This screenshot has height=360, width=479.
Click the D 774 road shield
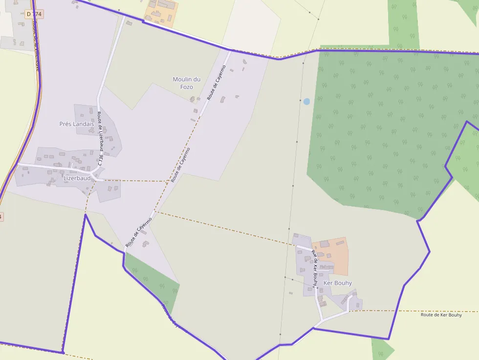tap(34, 14)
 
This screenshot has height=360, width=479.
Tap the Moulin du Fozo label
tap(187, 83)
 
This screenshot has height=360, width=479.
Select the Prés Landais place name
tap(76, 124)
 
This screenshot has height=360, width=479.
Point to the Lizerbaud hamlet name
tap(77, 178)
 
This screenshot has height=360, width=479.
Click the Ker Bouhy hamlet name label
tap(337, 283)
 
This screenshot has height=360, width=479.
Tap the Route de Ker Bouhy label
tap(441, 315)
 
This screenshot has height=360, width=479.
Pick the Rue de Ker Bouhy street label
tap(315, 269)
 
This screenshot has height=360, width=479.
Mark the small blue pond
tap(306, 102)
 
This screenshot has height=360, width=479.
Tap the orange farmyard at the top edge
tap(161, 12)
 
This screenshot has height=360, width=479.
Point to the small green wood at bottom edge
tap(381, 350)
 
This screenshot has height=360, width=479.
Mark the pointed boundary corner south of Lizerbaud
tap(86, 214)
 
